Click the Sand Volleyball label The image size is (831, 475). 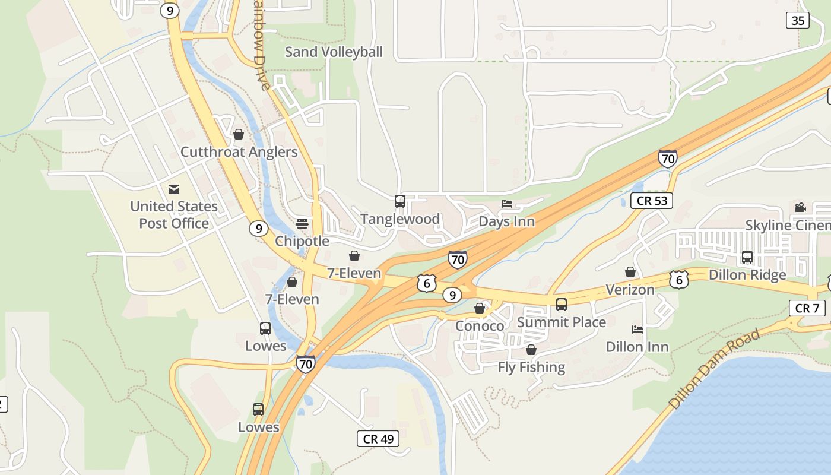334,52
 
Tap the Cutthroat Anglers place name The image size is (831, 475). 239,152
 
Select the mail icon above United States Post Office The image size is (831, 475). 174,189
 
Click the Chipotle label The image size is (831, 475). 302,241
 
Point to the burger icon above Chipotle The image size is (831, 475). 302,224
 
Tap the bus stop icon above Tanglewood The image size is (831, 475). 400,201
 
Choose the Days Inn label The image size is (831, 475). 507,222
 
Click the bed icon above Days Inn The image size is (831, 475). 507,204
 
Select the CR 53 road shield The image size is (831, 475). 652,201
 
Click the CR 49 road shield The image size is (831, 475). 378,439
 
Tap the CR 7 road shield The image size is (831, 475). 807,308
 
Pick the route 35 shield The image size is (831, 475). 797,21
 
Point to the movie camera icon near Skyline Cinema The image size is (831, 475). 800,207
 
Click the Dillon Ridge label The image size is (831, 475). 747,275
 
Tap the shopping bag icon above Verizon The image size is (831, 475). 630,272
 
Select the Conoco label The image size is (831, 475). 480,326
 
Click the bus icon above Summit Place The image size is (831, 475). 562,305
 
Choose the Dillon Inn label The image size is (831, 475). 637,347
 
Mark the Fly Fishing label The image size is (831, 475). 531,368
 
